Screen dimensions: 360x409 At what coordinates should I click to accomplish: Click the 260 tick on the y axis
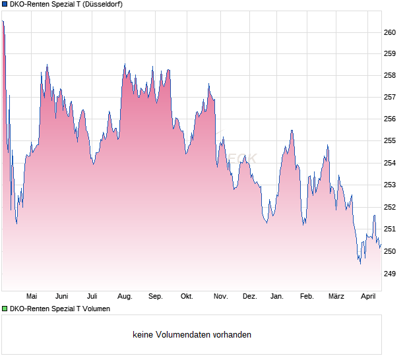click(x=390, y=32)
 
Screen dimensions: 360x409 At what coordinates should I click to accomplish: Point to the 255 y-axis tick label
click(x=390, y=141)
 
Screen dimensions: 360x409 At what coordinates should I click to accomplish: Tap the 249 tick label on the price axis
click(x=390, y=273)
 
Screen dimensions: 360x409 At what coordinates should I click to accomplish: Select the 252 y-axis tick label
click(x=390, y=207)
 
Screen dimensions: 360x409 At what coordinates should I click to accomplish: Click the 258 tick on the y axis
click(x=390, y=76)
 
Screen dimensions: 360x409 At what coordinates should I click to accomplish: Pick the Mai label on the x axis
click(x=31, y=297)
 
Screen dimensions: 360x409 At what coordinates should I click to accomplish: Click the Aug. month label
click(x=125, y=297)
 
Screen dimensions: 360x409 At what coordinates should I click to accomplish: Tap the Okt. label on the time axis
click(x=187, y=297)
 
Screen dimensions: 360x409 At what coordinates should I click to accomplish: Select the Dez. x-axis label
click(x=249, y=297)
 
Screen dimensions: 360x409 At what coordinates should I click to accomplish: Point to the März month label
click(x=336, y=297)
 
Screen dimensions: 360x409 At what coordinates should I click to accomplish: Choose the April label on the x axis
click(x=368, y=297)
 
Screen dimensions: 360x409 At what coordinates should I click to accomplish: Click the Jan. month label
click(x=277, y=297)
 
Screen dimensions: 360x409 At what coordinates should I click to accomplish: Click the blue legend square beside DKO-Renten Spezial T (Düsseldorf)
click(x=5, y=4)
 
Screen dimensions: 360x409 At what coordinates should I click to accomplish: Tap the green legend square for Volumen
click(x=5, y=309)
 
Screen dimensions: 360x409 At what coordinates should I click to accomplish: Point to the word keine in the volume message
click(x=143, y=335)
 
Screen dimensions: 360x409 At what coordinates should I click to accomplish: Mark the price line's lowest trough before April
click(x=360, y=264)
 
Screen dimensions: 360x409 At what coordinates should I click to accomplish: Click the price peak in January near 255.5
click(x=292, y=131)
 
